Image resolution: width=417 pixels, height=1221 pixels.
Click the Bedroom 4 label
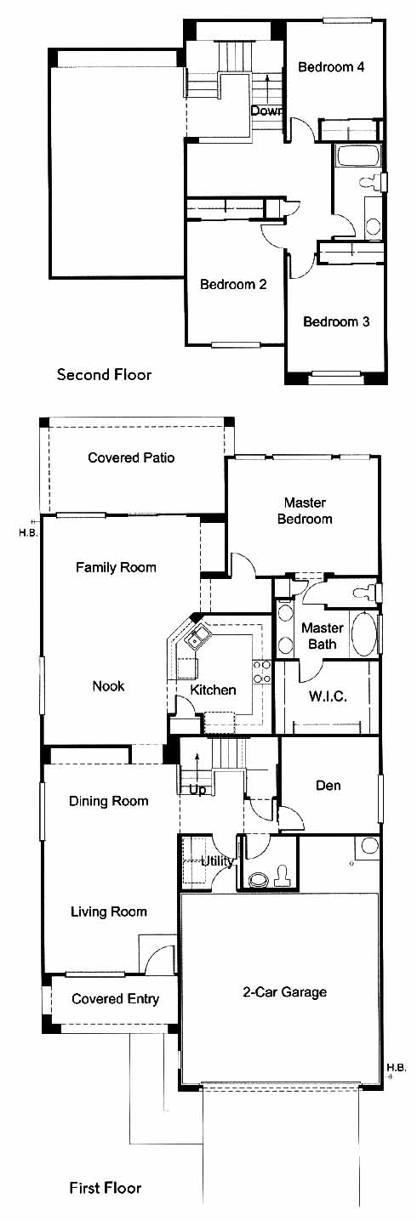point(331,67)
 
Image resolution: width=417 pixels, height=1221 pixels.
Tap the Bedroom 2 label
point(233,284)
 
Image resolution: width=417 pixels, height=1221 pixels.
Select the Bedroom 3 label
point(336,321)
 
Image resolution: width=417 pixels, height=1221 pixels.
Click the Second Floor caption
point(104,374)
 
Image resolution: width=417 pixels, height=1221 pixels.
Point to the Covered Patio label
point(132,457)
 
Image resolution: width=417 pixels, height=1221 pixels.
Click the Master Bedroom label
point(305,511)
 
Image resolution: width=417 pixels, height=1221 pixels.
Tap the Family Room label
point(116,567)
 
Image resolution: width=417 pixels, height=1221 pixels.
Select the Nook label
point(108,685)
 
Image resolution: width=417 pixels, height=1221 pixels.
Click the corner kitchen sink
point(197,637)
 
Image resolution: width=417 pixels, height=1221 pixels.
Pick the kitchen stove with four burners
point(261,672)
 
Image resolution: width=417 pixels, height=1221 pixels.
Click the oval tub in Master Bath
point(363,634)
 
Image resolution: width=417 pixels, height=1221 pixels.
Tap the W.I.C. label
point(328,696)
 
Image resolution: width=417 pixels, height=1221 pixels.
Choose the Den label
point(328,786)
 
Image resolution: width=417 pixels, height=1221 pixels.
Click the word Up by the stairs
point(197,790)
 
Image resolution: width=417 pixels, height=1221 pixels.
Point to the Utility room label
point(218,861)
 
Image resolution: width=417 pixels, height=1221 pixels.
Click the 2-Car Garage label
point(285,991)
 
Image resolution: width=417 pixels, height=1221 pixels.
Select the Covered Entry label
point(115,998)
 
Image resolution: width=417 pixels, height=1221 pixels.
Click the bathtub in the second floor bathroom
point(358,156)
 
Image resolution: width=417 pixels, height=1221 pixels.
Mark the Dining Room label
point(109,801)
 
